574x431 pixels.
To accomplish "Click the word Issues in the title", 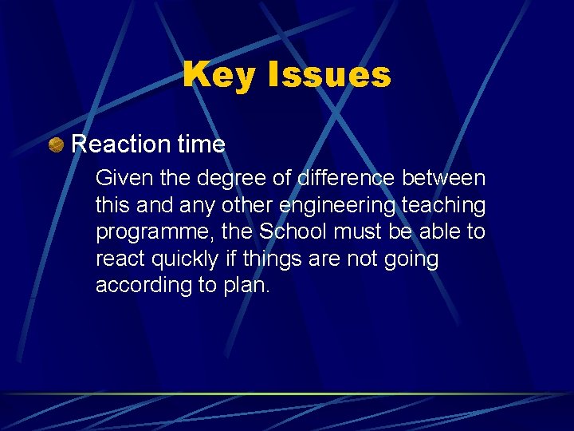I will [329, 76].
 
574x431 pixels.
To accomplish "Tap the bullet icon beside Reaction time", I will [56, 144].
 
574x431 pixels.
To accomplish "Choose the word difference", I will [347, 179].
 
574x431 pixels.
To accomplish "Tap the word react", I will [119, 259].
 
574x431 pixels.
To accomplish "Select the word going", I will [411, 259].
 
